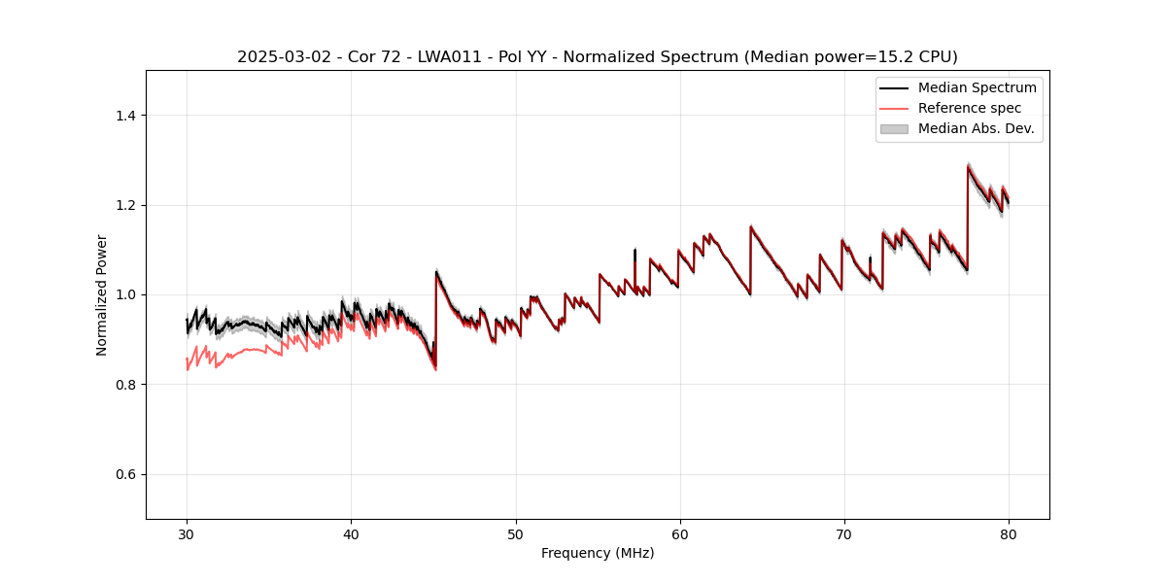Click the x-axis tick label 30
[x=187, y=533]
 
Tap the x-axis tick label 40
[x=351, y=533]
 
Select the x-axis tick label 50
[x=516, y=533]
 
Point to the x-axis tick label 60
[x=680, y=533]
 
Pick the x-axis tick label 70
[x=844, y=533]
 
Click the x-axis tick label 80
[x=1009, y=533]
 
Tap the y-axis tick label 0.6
[x=125, y=474]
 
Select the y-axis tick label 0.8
[x=125, y=385]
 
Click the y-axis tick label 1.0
[x=125, y=294]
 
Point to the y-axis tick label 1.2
[x=125, y=205]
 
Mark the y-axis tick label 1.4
[x=125, y=116]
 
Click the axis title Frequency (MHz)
[x=598, y=553]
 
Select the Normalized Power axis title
[x=102, y=294]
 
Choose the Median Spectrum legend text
[x=977, y=87]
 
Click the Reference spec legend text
[x=969, y=108]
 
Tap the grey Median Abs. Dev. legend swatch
[x=893, y=128]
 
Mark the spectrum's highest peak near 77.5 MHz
[x=968, y=167]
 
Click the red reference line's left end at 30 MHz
[x=187, y=360]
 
